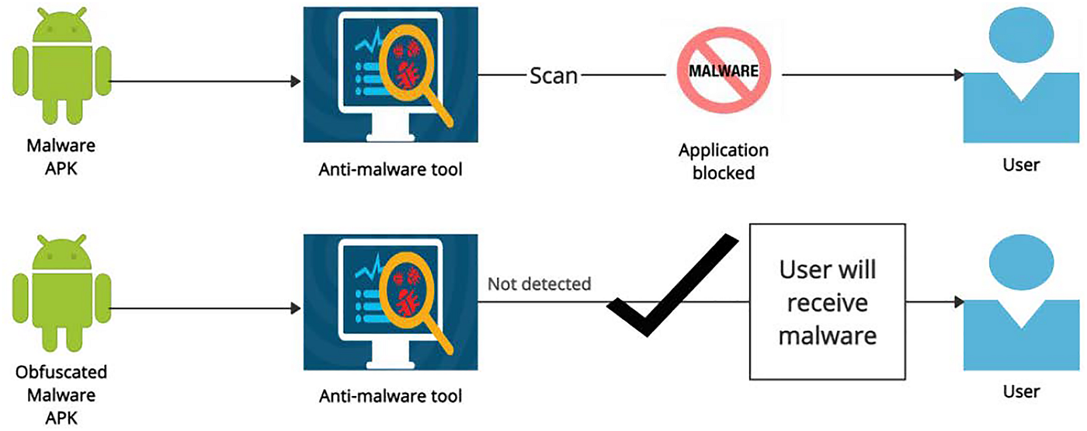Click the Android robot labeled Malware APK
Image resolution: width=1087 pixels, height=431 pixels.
[x=61, y=75]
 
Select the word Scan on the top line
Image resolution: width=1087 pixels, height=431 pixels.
[x=554, y=76]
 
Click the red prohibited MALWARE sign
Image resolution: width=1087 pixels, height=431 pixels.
[x=724, y=71]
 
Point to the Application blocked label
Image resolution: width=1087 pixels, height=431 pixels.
[x=723, y=161]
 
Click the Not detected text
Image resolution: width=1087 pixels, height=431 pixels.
[x=539, y=284]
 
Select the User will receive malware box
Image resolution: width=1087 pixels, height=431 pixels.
[x=827, y=302]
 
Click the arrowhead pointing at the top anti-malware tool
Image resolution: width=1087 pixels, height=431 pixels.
[x=296, y=81]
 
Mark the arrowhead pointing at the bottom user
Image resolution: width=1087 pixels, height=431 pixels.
[x=959, y=302]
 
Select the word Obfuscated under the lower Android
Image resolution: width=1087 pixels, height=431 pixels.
[x=61, y=372]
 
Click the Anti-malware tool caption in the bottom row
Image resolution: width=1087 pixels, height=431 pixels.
[x=391, y=396]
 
